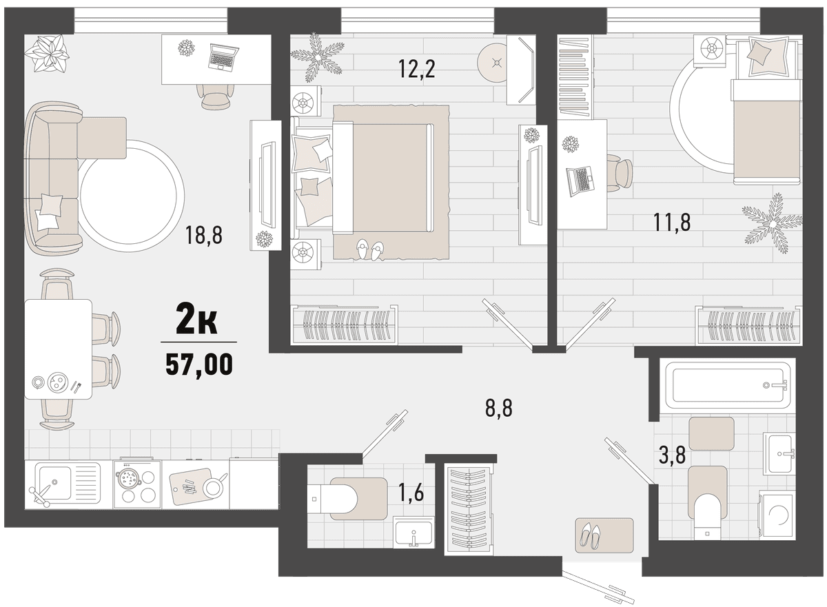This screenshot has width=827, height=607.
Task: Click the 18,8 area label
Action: [x=204, y=236]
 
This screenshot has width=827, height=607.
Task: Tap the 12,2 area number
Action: [x=417, y=69]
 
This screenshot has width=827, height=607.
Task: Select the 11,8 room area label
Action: [x=672, y=223]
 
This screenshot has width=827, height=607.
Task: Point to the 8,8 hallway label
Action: [x=498, y=409]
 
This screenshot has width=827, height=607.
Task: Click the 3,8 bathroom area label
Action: [x=672, y=455]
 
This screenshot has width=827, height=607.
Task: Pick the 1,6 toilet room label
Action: [x=411, y=493]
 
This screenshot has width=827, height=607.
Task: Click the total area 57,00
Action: [x=199, y=364]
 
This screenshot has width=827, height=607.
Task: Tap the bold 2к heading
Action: [x=196, y=322]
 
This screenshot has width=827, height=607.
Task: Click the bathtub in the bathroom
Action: [x=726, y=386]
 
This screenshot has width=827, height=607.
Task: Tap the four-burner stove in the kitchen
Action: [x=137, y=484]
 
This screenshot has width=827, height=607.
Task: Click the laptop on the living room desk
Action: [x=224, y=56]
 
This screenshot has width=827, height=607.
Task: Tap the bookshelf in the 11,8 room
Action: [x=575, y=77]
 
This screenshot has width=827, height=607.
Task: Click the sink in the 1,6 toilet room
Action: [x=414, y=531]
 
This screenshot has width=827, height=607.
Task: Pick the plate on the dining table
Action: [x=57, y=381]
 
